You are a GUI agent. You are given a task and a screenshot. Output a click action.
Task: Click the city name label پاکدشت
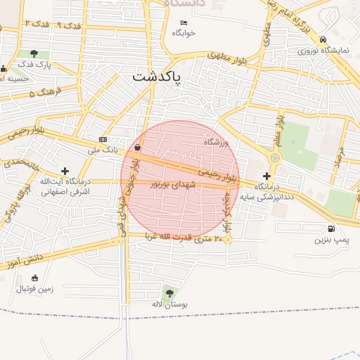[x=156, y=75]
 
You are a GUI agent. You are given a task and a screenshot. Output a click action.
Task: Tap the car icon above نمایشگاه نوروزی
[x=322, y=39]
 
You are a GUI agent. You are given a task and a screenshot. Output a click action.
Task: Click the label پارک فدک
[x=35, y=64]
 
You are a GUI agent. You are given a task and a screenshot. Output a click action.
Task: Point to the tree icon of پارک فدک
[x=34, y=53]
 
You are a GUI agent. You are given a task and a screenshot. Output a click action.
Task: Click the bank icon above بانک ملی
[x=103, y=139]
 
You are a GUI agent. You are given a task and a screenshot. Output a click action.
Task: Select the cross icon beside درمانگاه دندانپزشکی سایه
[x=266, y=175]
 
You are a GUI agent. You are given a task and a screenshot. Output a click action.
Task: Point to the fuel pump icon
[x=330, y=229]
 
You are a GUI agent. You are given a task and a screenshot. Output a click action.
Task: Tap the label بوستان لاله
[x=168, y=304]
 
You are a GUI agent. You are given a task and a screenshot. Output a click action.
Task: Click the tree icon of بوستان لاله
[x=168, y=292]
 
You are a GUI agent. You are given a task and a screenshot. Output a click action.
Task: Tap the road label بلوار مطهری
[x=229, y=58]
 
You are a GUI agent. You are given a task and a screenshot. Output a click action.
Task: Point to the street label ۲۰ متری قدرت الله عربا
[x=184, y=238]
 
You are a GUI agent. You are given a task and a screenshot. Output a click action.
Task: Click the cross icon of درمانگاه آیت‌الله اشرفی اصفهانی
[x=65, y=171]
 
